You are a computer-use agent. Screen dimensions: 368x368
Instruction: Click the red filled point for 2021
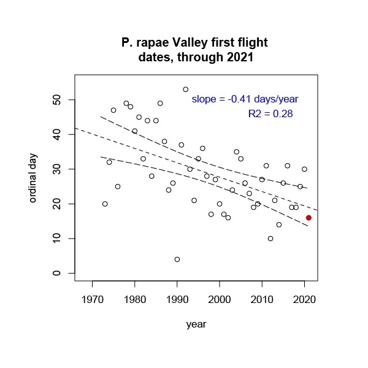(x=309, y=218)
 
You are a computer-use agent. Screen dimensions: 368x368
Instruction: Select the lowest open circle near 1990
(x=177, y=259)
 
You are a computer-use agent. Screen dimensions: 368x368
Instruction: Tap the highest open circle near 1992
(x=186, y=90)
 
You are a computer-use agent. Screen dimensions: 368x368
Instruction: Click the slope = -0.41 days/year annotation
(x=245, y=99)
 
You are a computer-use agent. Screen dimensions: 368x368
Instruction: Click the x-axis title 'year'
(x=196, y=324)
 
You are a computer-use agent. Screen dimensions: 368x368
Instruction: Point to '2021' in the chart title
(x=239, y=58)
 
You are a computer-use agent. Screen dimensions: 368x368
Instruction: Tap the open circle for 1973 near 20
(x=105, y=204)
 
